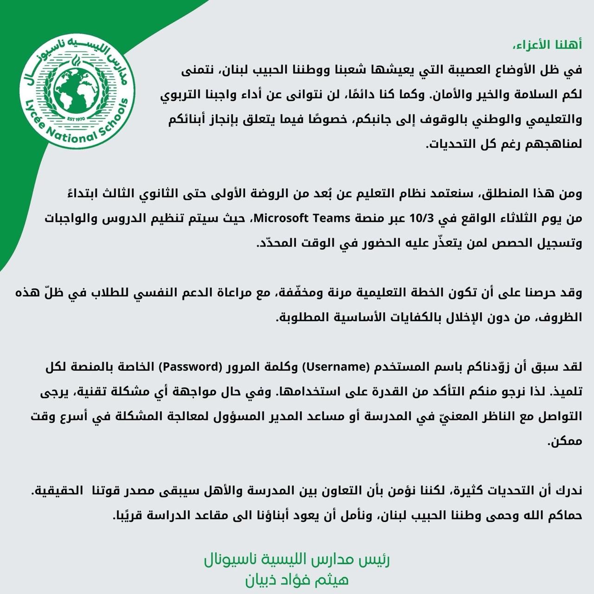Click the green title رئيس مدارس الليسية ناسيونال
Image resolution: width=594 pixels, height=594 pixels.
297,560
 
